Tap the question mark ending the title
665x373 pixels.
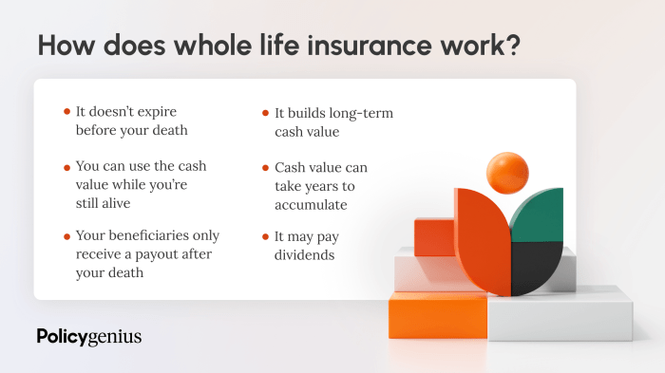(x=513, y=47)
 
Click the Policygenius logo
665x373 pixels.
(x=88, y=337)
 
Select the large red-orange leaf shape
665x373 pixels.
(x=480, y=242)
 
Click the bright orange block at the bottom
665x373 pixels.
(x=437, y=316)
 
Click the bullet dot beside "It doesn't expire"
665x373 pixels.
(x=66, y=112)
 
